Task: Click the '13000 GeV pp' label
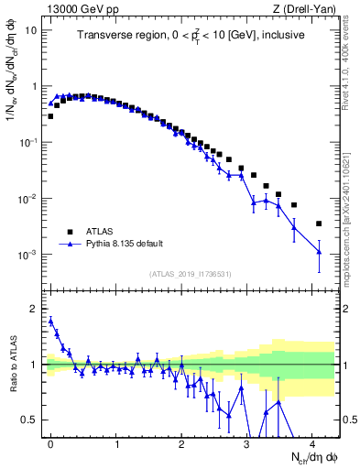pyautogui.click(x=80, y=8)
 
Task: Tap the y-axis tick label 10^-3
pyautogui.click(x=28, y=255)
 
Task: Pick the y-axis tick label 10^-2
pyautogui.click(x=28, y=199)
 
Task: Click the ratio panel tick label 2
pyautogui.click(x=34, y=309)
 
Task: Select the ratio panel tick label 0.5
pyautogui.click(x=29, y=420)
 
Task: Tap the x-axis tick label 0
pyautogui.click(x=51, y=443)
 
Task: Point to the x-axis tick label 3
pyautogui.click(x=247, y=443)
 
